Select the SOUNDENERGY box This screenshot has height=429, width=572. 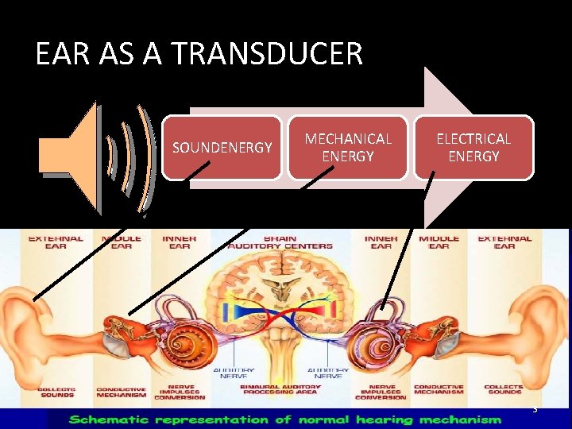coord(222,148)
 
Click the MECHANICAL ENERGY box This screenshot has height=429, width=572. coord(348,148)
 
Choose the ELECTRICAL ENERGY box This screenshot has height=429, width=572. coord(473,148)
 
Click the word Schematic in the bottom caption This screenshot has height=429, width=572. coord(126,419)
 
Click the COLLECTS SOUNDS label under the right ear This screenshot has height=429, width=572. coord(504,391)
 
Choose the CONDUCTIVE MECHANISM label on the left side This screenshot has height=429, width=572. coord(121,392)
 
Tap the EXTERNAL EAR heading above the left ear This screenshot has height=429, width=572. coord(56,242)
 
